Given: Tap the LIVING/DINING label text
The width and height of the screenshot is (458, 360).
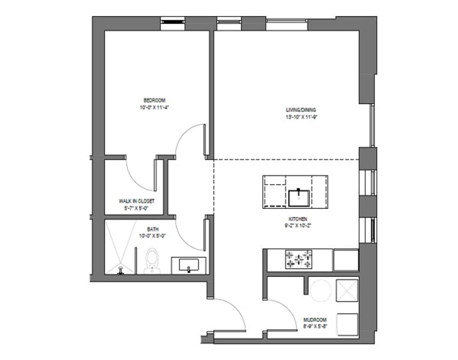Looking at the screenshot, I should coord(301,110).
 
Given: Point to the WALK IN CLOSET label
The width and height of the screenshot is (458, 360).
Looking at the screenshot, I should coord(137,201).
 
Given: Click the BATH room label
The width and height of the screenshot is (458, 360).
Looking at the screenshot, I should coord(153,229).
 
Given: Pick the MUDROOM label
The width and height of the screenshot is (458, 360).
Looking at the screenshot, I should coord(315,319).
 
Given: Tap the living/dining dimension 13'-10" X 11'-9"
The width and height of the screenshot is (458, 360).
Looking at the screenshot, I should coord(301,117).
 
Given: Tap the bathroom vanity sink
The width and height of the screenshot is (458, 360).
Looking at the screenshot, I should coord(188,266).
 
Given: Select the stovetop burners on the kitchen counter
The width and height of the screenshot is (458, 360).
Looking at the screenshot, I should coord(298,259).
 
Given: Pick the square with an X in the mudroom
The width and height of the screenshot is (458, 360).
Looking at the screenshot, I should coord(347,290).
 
